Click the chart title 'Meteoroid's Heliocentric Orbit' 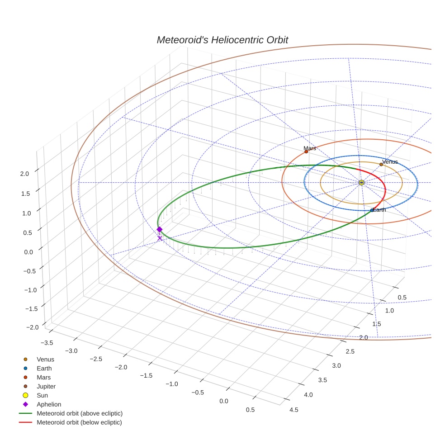point(222,40)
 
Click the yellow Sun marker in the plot point(361,182)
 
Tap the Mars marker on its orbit point(306,151)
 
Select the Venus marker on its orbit point(381,165)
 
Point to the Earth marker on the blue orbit point(372,210)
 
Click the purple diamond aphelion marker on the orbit point(159,229)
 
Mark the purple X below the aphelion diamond point(159,238)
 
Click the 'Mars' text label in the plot point(310,148)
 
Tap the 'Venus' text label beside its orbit point(390,161)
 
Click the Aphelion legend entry point(48,404)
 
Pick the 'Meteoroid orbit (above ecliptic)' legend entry point(80,413)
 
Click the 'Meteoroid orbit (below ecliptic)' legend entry point(79,422)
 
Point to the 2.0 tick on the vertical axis point(25,173)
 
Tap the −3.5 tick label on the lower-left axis point(47,342)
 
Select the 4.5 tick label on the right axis point(294,410)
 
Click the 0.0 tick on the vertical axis point(29,251)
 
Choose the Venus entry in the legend point(45,359)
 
